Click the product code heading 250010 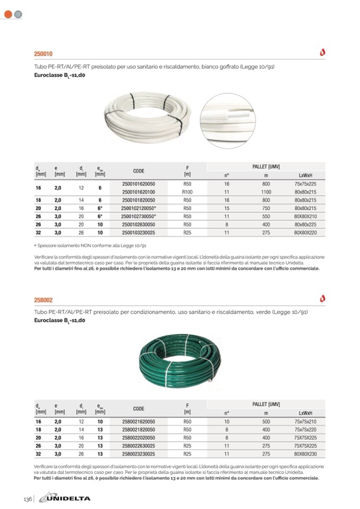click(x=44, y=54)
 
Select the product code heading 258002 click(x=44, y=300)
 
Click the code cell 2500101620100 click(x=139, y=191)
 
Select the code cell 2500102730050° click(x=139, y=217)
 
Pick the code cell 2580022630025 click(x=139, y=446)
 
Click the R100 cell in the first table click(x=187, y=191)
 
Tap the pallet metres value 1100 click(x=266, y=191)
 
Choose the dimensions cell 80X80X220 click(x=305, y=233)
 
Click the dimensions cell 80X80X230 click(x=305, y=454)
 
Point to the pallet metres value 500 click(x=266, y=421)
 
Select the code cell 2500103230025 click(x=139, y=233)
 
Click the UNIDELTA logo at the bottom click(x=67, y=498)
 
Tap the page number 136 click(x=28, y=498)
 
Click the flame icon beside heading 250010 click(x=322, y=53)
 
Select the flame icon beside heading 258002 click(x=322, y=298)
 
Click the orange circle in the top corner click(x=8, y=14)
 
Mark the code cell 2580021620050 click(x=139, y=421)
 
